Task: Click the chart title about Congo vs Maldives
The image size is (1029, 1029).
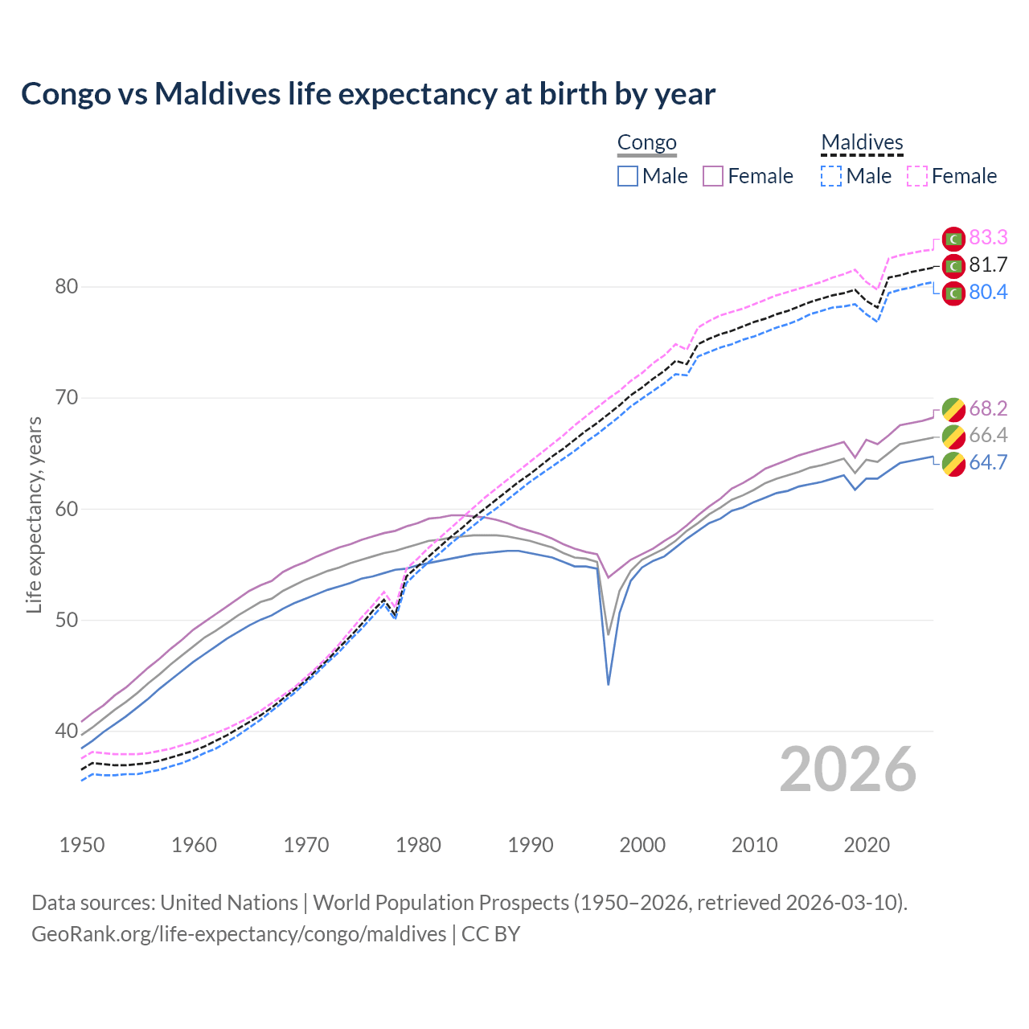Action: (x=368, y=94)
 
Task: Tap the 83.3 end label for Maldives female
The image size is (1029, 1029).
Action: (x=988, y=237)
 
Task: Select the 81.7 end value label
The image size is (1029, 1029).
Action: (x=988, y=264)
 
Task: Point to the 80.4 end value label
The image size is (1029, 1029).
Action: (x=988, y=292)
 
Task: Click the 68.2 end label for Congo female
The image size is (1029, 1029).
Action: (x=988, y=408)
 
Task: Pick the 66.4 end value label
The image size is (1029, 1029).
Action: (x=988, y=435)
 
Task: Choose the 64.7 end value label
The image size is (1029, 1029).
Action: (x=988, y=462)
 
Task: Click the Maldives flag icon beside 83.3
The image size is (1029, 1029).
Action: (x=953, y=239)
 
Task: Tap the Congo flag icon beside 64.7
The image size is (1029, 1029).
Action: (x=953, y=464)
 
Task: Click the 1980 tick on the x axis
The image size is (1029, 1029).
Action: (x=419, y=845)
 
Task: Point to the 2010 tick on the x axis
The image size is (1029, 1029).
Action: (x=754, y=845)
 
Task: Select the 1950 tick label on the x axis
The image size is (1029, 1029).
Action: (x=83, y=845)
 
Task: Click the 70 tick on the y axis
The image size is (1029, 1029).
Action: (x=67, y=398)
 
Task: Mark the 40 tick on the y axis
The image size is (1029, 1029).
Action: (x=67, y=732)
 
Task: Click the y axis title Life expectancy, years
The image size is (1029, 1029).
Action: (x=35, y=514)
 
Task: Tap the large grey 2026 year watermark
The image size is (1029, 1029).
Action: (x=848, y=770)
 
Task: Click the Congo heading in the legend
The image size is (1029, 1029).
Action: (x=646, y=143)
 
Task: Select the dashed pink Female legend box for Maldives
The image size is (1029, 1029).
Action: (x=917, y=176)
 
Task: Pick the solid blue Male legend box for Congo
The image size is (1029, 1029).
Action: (x=628, y=176)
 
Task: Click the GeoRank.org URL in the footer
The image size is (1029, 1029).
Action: (x=239, y=933)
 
